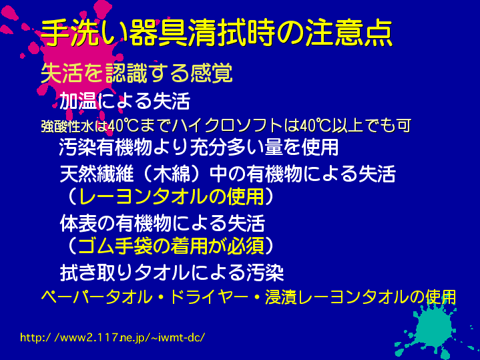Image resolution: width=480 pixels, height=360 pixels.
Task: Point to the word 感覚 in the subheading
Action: (212, 73)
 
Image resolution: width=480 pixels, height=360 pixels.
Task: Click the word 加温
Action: (78, 101)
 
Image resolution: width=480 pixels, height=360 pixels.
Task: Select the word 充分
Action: (208, 147)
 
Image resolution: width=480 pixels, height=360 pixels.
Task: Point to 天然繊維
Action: (97, 174)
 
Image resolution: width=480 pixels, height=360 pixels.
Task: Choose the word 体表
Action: (78, 223)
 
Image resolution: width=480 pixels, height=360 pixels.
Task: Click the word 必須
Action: (246, 246)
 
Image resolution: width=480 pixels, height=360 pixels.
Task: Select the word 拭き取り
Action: (97, 273)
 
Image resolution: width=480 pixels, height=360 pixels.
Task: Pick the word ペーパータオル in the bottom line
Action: (97, 297)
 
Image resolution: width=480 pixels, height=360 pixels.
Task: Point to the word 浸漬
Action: (281, 297)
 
